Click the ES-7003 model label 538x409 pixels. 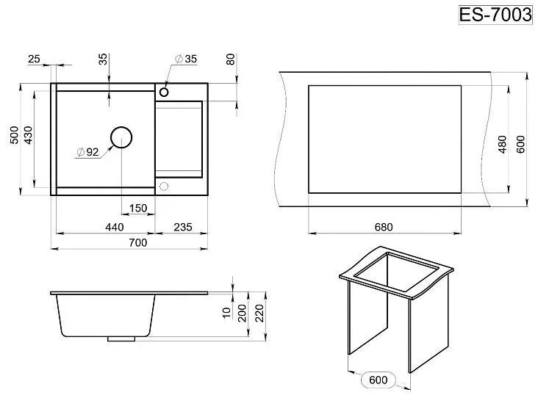click(x=495, y=15)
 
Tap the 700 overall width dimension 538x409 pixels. click(x=138, y=242)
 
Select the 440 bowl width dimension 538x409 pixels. click(x=115, y=227)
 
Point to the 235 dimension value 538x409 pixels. click(x=182, y=227)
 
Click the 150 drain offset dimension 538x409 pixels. click(x=138, y=208)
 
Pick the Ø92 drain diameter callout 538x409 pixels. click(x=87, y=152)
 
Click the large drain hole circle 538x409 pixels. click(x=121, y=137)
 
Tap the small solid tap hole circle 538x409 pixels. click(x=164, y=92)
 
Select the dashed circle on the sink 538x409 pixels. click(x=164, y=187)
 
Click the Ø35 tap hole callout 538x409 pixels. click(x=186, y=59)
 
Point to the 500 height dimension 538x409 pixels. click(x=15, y=134)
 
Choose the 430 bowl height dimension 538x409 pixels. click(x=28, y=134)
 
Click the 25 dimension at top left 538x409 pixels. click(x=34, y=59)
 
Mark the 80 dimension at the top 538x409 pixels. click(x=231, y=59)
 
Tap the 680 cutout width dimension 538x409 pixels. click(x=384, y=227)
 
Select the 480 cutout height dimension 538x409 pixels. click(x=502, y=144)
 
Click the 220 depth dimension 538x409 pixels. click(x=259, y=313)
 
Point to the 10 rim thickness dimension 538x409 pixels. click(x=227, y=312)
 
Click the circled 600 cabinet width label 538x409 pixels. click(x=379, y=380)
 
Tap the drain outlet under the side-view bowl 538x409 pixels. click(x=121, y=339)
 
